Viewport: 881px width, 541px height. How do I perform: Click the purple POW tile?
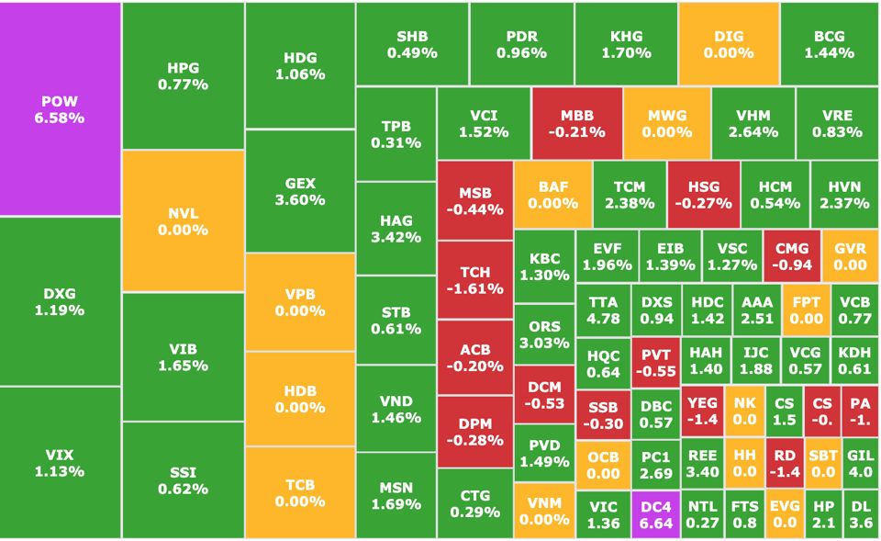[x=61, y=108]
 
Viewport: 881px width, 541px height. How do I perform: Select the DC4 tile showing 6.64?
[x=655, y=514]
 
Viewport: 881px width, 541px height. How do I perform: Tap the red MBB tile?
[x=577, y=123]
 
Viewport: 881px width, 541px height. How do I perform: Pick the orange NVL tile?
[x=183, y=220]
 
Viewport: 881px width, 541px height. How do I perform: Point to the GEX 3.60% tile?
[x=300, y=191]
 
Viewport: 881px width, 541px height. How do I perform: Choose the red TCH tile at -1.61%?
[x=474, y=279]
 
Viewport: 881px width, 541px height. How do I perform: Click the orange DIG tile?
[x=729, y=44]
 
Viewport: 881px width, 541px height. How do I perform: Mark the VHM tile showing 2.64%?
[x=753, y=123]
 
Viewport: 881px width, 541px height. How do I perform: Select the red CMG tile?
[x=791, y=256]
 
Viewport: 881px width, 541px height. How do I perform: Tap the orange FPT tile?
[x=806, y=310]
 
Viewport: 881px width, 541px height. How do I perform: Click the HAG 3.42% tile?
[x=396, y=228]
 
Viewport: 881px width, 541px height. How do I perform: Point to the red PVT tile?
[x=655, y=362]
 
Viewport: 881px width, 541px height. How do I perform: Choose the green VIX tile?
[x=61, y=462]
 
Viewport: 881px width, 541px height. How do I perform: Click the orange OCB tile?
[x=603, y=465]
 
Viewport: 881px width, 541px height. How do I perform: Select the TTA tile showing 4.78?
[x=603, y=310]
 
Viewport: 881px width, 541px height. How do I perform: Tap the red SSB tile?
[x=603, y=413]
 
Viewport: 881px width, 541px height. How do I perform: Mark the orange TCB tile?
[x=300, y=491]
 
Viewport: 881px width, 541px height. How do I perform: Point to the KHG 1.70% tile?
[x=626, y=44]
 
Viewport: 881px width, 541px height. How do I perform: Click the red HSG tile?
[x=703, y=195]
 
